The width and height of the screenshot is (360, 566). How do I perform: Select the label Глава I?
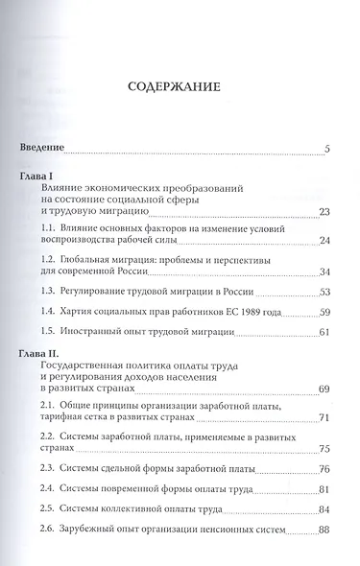44,178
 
